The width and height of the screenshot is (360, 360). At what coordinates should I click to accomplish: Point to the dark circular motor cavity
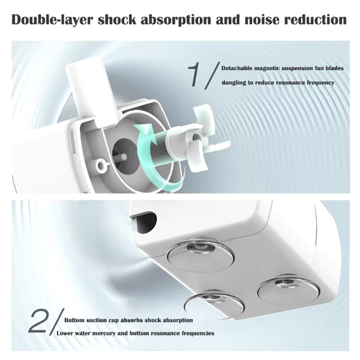124,157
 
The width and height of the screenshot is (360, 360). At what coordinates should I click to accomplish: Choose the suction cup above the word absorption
214,303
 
